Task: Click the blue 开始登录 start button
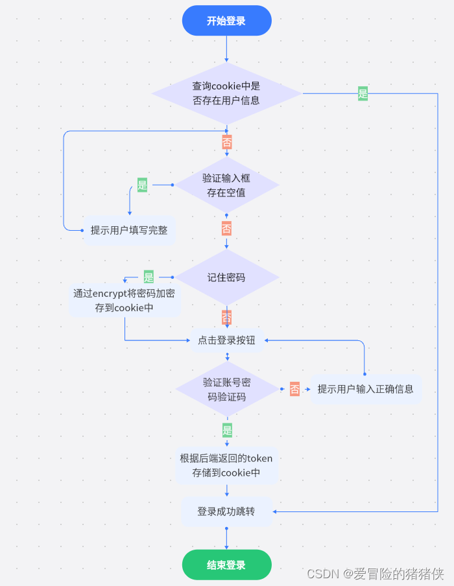tap(226, 21)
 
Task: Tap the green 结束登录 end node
tap(226, 565)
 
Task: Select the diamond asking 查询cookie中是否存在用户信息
tap(226, 93)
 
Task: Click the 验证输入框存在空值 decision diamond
tap(226, 185)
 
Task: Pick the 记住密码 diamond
tap(226, 277)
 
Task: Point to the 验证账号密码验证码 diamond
tap(226, 389)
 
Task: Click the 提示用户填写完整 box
tap(129, 230)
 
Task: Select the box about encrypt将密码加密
tap(125, 301)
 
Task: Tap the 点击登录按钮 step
tap(226, 340)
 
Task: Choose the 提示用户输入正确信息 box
tap(365, 389)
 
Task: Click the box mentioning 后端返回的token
tap(226, 465)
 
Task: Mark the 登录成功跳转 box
tap(226, 511)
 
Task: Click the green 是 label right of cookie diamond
tap(363, 93)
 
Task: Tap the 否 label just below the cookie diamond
tap(226, 141)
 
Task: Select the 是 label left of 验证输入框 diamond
tap(142, 185)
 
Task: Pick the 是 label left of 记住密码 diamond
tap(149, 277)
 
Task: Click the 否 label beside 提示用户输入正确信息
tap(294, 389)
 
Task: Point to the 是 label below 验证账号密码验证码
tap(226, 430)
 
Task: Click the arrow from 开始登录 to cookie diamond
tap(226, 49)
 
